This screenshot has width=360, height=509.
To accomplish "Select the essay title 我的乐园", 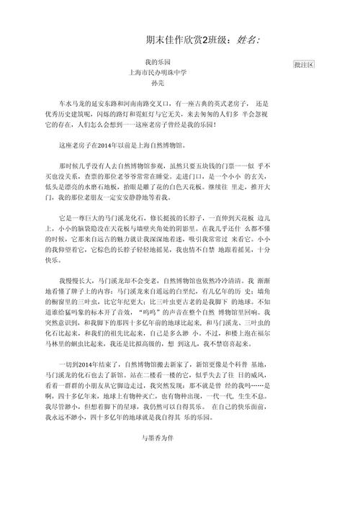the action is (x=156, y=63).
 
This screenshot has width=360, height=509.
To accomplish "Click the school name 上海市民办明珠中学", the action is (x=156, y=73).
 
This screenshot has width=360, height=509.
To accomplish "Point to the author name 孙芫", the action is (x=156, y=84).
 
